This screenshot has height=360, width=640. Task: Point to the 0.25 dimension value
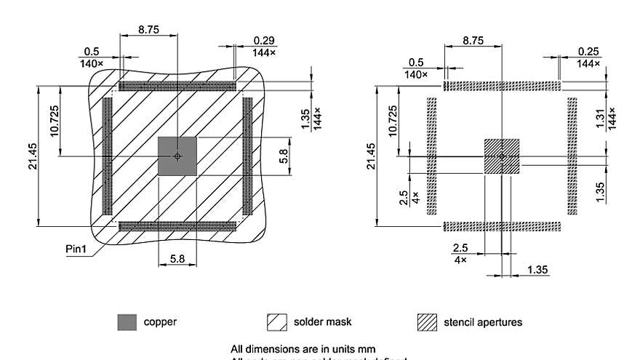pyautogui.click(x=589, y=50)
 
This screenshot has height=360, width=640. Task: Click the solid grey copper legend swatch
pyautogui.click(x=127, y=322)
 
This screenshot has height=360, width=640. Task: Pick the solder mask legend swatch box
pyautogui.click(x=278, y=322)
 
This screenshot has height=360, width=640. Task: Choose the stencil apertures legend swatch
pyautogui.click(x=426, y=322)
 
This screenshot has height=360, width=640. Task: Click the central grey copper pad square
pyautogui.click(x=177, y=156)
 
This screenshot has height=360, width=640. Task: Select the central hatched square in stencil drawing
pyautogui.click(x=502, y=156)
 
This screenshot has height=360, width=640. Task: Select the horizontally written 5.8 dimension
pyautogui.click(x=177, y=258)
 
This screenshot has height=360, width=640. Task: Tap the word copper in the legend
pyautogui.click(x=159, y=322)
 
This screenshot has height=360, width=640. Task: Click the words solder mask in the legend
pyautogui.click(x=322, y=321)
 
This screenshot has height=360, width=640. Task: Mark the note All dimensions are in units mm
pyautogui.click(x=303, y=348)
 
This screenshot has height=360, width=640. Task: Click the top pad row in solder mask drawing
pyautogui.click(x=177, y=86)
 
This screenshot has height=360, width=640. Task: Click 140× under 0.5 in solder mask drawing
pyautogui.click(x=92, y=64)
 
